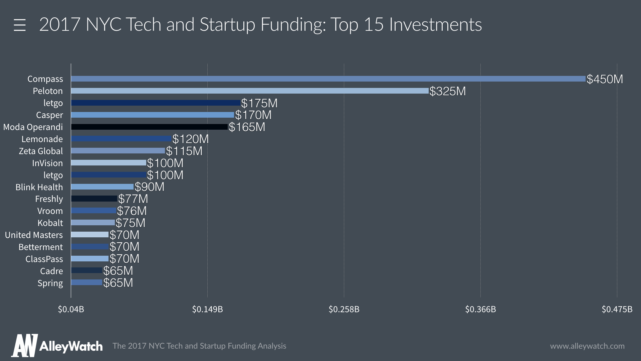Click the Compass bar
328,79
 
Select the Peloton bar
250,91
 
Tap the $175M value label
259,103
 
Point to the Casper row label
49,115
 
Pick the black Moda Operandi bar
149,127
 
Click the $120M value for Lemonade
191,139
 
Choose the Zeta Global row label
41,151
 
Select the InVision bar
109,163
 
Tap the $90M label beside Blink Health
150,187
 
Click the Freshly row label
49,199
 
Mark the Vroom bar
93,211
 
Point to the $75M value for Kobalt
131,223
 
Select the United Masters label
34,235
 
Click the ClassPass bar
90,259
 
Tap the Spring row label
50,283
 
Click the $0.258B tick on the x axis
344,309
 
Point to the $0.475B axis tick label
617,309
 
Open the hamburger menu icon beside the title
20,25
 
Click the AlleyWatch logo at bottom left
57,346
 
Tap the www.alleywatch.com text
587,346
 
